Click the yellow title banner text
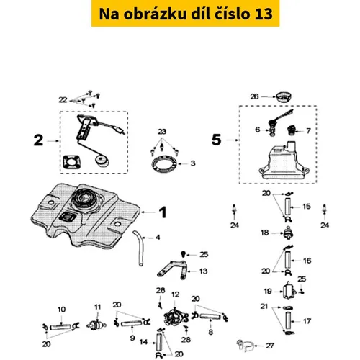[x=186, y=14]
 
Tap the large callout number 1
[x=163, y=212]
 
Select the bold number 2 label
[x=38, y=140]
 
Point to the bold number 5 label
[x=216, y=140]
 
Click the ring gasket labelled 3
[x=165, y=164]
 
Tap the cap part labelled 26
[x=283, y=96]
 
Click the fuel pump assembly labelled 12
[x=175, y=318]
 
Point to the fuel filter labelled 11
[x=96, y=325]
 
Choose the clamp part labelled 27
[x=245, y=345]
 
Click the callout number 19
[x=268, y=292]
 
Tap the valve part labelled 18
[x=288, y=233]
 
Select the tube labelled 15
[x=287, y=207]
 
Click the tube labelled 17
[x=288, y=321]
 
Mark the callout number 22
[x=63, y=99]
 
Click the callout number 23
[x=162, y=132]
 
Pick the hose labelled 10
[x=60, y=327]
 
